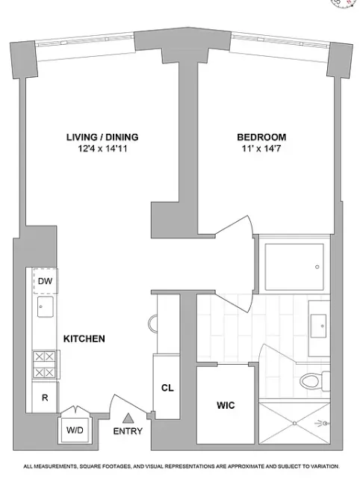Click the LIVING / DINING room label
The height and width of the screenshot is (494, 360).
[x=101, y=137]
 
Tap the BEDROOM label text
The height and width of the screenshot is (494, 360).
[x=261, y=137]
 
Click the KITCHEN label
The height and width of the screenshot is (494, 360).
[x=84, y=339]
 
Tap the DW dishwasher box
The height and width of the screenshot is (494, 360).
[x=44, y=281]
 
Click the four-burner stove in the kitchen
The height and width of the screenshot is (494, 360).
[x=43, y=364]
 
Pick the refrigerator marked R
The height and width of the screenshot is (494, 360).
[x=44, y=398]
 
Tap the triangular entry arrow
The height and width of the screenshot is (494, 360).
[x=128, y=418]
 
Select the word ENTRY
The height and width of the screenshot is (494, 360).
[x=128, y=431]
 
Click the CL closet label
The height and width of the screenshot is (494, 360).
[x=167, y=388]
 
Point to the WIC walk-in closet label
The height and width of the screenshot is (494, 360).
[x=226, y=405]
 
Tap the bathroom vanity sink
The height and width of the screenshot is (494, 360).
[x=319, y=324]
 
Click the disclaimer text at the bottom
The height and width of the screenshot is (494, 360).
[x=181, y=466]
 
